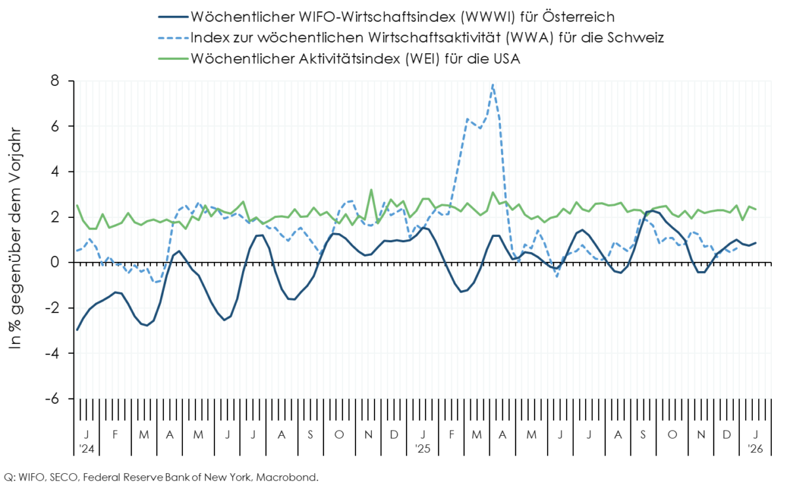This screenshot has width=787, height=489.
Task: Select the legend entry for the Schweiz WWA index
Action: (x=427, y=37)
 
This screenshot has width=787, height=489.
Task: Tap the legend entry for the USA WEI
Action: (x=355, y=58)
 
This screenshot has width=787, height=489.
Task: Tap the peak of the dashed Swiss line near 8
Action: (x=493, y=84)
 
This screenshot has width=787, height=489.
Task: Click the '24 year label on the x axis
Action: (x=86, y=449)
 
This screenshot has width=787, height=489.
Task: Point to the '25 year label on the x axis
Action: (x=423, y=449)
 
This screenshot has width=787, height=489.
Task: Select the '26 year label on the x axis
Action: (x=755, y=449)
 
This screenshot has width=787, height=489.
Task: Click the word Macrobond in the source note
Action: (x=289, y=477)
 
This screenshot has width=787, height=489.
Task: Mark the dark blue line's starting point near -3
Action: (x=77, y=330)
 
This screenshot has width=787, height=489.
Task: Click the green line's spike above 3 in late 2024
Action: (x=371, y=190)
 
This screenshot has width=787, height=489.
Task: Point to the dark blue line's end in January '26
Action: (x=756, y=243)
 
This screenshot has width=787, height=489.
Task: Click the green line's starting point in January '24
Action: (x=77, y=205)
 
